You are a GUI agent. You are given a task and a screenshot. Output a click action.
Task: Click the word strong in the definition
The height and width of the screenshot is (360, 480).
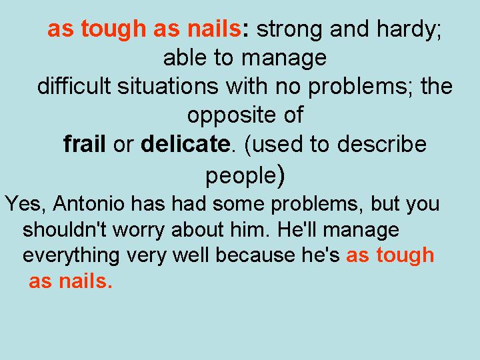click(x=289, y=30)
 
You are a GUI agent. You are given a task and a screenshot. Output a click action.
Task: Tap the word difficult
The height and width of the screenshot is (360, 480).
click(x=73, y=86)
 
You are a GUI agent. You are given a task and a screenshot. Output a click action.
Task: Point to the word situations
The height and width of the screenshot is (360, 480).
click(x=168, y=86)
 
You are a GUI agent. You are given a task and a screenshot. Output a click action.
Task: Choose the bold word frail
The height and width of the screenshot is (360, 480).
click(x=85, y=143)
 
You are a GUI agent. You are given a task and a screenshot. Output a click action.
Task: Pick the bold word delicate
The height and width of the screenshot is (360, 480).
click(x=185, y=143)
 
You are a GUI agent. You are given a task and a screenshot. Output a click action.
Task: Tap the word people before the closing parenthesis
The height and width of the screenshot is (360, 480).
click(x=241, y=176)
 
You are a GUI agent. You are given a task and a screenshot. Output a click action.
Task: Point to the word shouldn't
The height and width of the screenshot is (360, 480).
click(x=64, y=229)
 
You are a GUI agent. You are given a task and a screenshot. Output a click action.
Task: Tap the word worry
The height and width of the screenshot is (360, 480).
click(x=139, y=231)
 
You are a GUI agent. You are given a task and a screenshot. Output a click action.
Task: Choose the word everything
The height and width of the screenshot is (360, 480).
click(x=71, y=256)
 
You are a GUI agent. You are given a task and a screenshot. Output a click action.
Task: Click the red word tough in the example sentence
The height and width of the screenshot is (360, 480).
click(x=405, y=255)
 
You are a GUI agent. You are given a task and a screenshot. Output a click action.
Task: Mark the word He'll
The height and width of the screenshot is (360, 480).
click(x=296, y=229)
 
